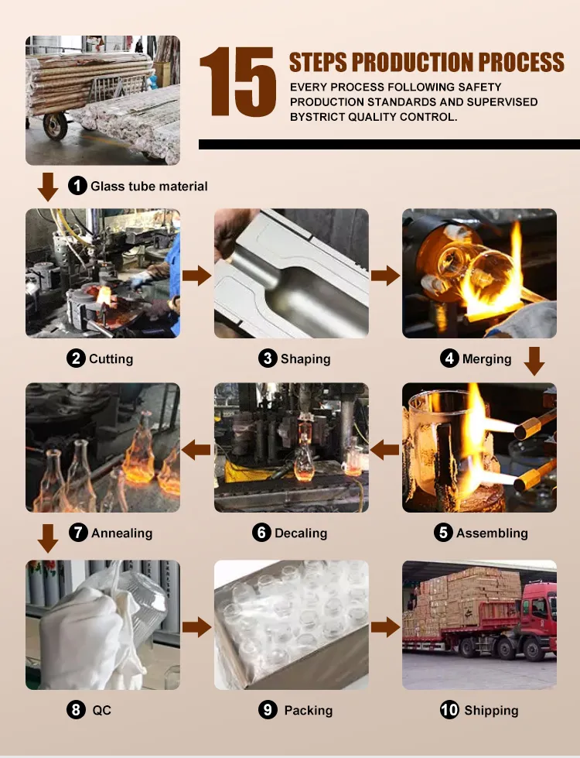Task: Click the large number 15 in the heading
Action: coord(238,82)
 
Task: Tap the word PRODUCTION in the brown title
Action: coord(412,63)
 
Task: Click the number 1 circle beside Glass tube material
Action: coord(77,186)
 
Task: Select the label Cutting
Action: coord(111,358)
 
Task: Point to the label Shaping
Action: coord(305,358)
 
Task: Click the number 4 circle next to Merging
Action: coord(449,358)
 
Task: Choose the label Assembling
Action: coord(492,533)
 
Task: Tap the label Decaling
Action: coord(300,533)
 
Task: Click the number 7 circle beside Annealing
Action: coord(78,532)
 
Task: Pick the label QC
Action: coord(101,710)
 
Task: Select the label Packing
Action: coord(308,710)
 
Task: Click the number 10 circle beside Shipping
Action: coord(449,710)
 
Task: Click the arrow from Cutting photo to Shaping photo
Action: coord(196,276)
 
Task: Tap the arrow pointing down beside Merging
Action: coord(534,361)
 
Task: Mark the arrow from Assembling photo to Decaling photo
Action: coord(385,450)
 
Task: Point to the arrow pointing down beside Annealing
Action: coord(48,538)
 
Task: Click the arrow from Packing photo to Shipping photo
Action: coord(385,627)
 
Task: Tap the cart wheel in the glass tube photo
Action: coord(55,125)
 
